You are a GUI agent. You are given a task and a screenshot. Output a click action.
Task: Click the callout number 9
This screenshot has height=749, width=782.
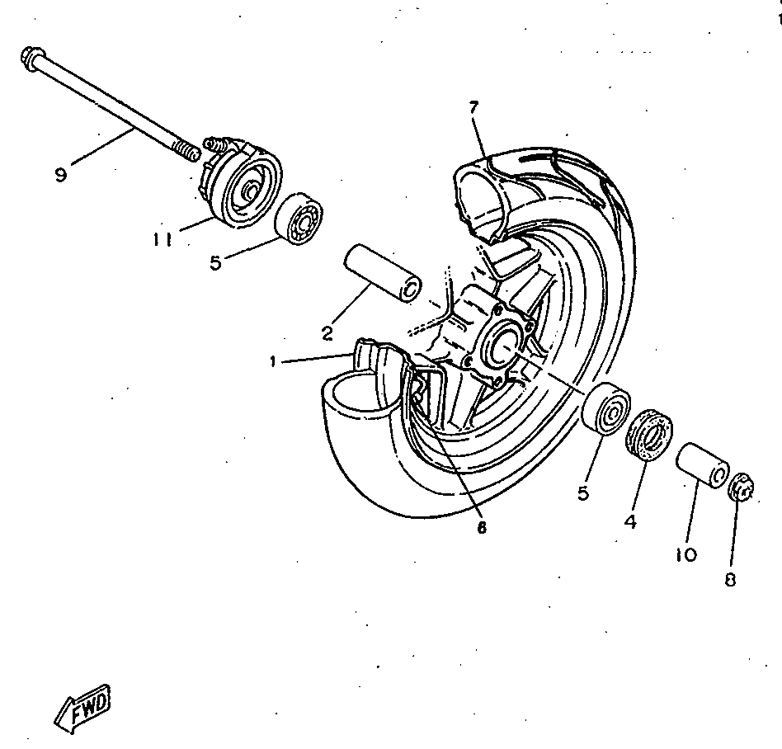(60, 175)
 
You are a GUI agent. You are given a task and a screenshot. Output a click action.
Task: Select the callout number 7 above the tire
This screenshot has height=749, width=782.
(473, 108)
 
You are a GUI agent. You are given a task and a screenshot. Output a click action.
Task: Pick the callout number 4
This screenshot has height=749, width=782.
(629, 521)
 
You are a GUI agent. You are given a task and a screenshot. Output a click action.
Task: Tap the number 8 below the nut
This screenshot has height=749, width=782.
(729, 580)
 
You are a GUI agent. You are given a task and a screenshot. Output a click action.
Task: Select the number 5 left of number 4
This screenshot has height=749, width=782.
(583, 493)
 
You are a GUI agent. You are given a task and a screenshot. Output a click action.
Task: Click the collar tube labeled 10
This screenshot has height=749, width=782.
(703, 466)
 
